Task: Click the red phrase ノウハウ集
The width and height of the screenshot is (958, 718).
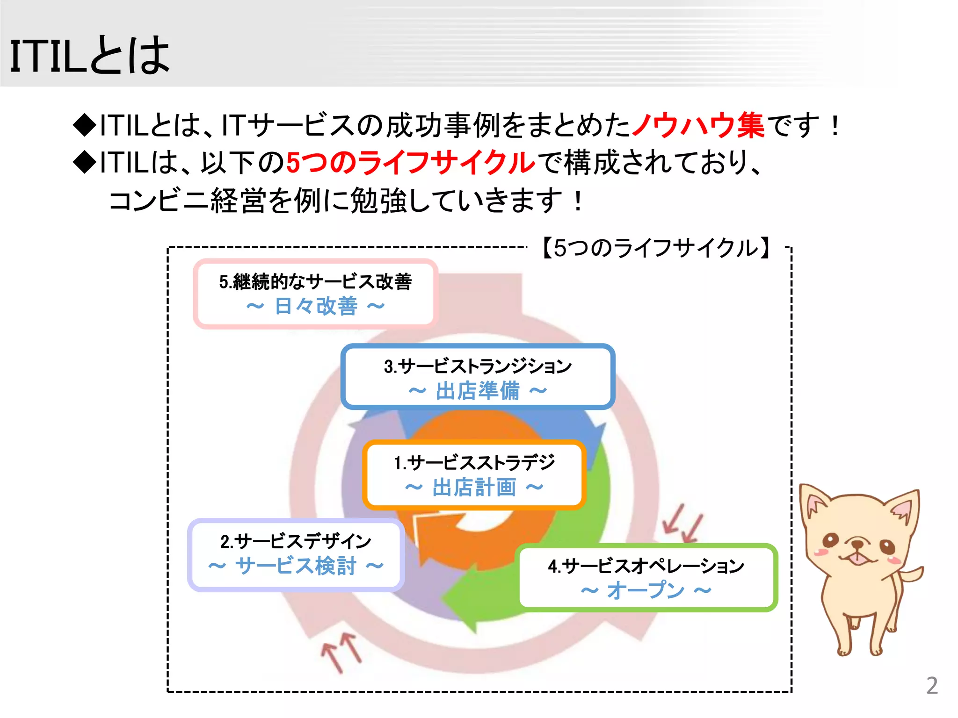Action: [698, 125]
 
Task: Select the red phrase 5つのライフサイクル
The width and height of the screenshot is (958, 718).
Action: [410, 163]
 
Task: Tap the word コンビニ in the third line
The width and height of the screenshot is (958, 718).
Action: [158, 201]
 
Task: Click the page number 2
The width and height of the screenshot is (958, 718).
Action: [932, 686]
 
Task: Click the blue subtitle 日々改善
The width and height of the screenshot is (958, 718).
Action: [316, 307]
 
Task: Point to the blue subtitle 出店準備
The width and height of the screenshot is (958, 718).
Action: [478, 391]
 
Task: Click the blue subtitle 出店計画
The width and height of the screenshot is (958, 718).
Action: [474, 488]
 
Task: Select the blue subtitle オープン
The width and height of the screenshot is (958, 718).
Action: [646, 590]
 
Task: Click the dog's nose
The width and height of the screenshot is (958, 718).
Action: [857, 544]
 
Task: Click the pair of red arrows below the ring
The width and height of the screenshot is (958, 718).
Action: [342, 652]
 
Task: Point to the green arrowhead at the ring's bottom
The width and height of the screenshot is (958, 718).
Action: [461, 601]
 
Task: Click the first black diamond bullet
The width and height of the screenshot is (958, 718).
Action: [85, 125]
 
